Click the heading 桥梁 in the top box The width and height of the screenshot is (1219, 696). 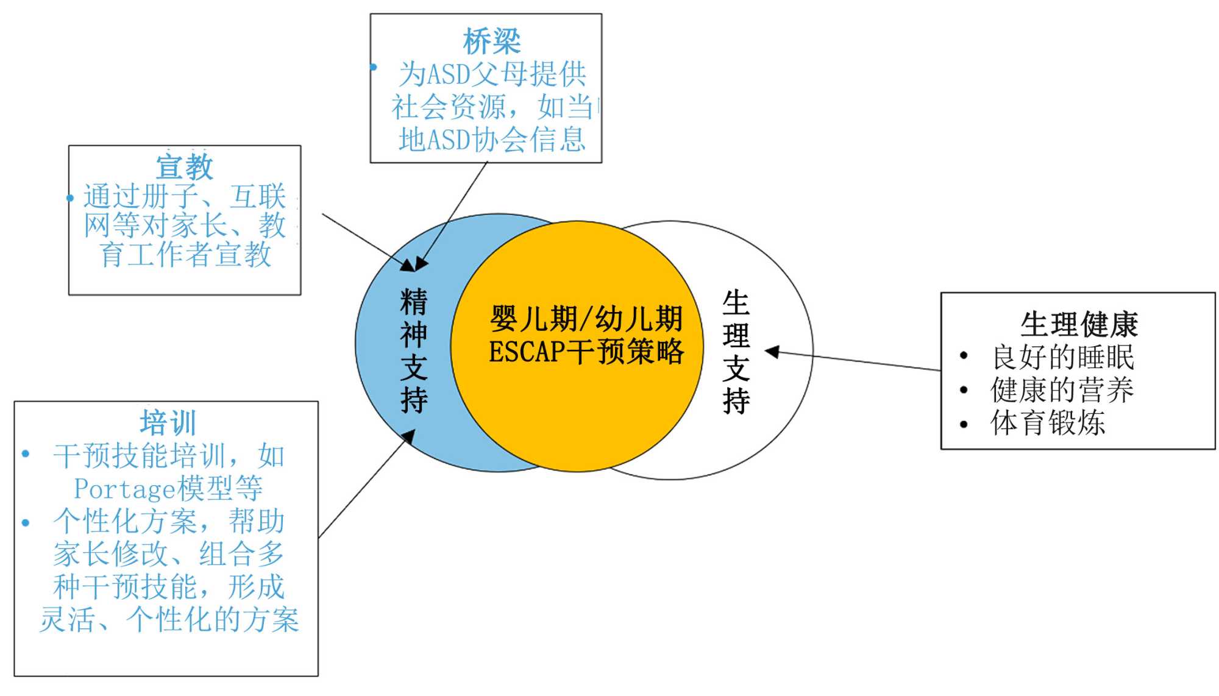tap(491, 41)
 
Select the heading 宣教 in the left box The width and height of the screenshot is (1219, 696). tap(184, 167)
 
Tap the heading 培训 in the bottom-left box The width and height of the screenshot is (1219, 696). tap(168, 422)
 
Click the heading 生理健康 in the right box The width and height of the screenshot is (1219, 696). tap(1079, 324)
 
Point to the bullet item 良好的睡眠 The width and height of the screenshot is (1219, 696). tap(1063, 357)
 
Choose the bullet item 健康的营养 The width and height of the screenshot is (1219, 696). tap(1062, 390)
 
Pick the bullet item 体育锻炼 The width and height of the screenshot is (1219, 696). tap(1048, 423)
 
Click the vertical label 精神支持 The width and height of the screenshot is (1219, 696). tap(414, 351)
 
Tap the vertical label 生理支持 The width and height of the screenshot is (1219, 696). tap(736, 352)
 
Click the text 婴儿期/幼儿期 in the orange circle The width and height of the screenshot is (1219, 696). tap(586, 318)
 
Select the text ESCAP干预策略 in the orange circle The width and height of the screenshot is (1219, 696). tap(586, 352)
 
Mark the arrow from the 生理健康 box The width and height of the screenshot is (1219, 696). tap(853, 361)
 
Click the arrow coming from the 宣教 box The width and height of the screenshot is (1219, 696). tap(366, 241)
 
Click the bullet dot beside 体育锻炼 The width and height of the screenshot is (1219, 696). tap(964, 424)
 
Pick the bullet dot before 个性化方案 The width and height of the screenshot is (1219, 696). tap(26, 523)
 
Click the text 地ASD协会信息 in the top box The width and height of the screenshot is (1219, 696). tap(491, 140)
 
